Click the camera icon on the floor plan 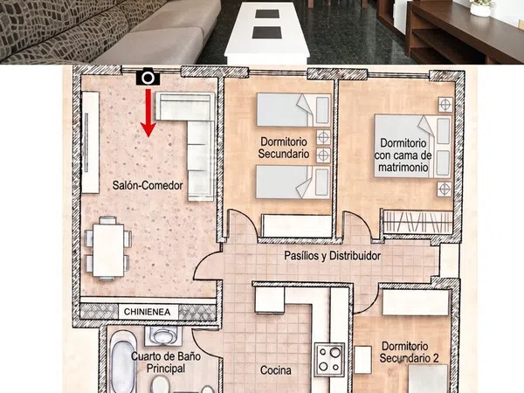pyautogui.click(x=148, y=77)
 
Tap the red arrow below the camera pyautogui.click(x=148, y=113)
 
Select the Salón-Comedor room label pyautogui.click(x=148, y=185)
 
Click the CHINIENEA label pyautogui.click(x=147, y=312)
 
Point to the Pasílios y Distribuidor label pyautogui.click(x=332, y=256)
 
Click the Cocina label pyautogui.click(x=276, y=370)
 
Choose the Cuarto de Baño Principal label pyautogui.click(x=166, y=362)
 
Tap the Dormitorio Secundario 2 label pyautogui.click(x=409, y=352)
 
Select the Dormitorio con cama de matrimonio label pyautogui.click(x=403, y=155)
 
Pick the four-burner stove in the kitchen pyautogui.click(x=329, y=359)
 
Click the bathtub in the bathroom pyautogui.click(x=123, y=362)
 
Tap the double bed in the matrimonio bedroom pyautogui.click(x=413, y=146)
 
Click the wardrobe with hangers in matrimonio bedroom pyautogui.click(x=417, y=222)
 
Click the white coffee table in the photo pyautogui.click(x=267, y=33)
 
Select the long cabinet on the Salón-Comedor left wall pyautogui.click(x=90, y=142)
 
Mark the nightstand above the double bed pyautogui.click(x=445, y=105)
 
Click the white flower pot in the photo pyautogui.click(x=480, y=7)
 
